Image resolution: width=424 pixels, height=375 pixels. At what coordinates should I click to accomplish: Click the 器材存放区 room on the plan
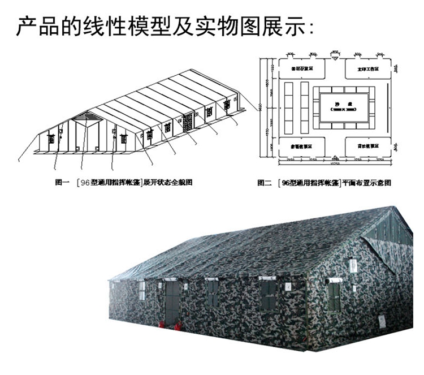(302, 69)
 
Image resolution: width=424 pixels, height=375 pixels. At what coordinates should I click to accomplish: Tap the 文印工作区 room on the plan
(368, 69)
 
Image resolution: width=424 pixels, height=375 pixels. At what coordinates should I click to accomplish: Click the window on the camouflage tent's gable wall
(335, 298)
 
